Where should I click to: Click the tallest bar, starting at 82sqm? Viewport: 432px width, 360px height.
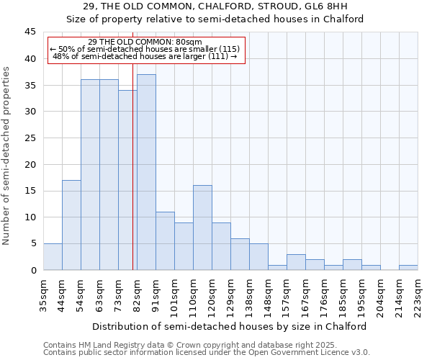[x=146, y=173]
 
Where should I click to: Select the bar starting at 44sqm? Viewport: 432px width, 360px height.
[x=71, y=225]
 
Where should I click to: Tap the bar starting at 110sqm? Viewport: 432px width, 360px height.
[x=202, y=228]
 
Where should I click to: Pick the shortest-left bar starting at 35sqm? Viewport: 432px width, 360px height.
[x=53, y=257]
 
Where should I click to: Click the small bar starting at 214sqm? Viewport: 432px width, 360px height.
[x=408, y=268]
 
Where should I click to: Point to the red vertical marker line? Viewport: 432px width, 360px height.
[x=133, y=180]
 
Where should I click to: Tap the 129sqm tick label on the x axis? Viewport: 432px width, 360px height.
[x=231, y=293]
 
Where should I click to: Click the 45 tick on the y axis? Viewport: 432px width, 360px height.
[x=30, y=32]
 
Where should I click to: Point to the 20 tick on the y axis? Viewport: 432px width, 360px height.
[x=30, y=164]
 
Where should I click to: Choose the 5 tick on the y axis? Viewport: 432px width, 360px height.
[x=33, y=244]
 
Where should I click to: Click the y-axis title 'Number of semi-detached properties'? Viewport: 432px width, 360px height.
[x=7, y=156]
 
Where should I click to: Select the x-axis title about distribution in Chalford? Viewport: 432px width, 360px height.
[x=230, y=326]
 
